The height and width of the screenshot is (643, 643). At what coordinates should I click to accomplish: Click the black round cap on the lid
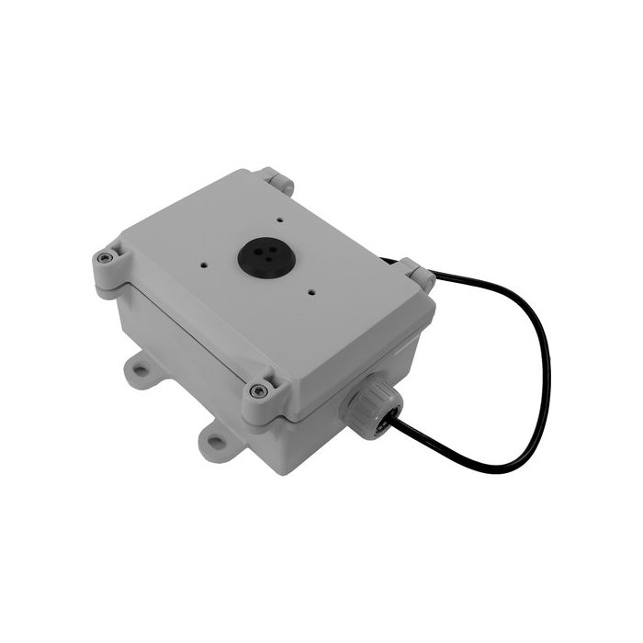click(258, 258)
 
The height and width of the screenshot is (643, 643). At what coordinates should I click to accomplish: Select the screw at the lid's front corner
click(259, 391)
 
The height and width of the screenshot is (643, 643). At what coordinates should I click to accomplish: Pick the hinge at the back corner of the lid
click(276, 180)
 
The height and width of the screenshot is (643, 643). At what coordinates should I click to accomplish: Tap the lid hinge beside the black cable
click(420, 276)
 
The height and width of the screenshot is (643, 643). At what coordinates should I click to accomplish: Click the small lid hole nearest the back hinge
click(276, 221)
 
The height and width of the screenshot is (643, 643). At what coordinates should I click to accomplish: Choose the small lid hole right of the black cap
click(313, 293)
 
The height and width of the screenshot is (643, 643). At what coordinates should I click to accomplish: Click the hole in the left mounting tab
click(140, 371)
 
